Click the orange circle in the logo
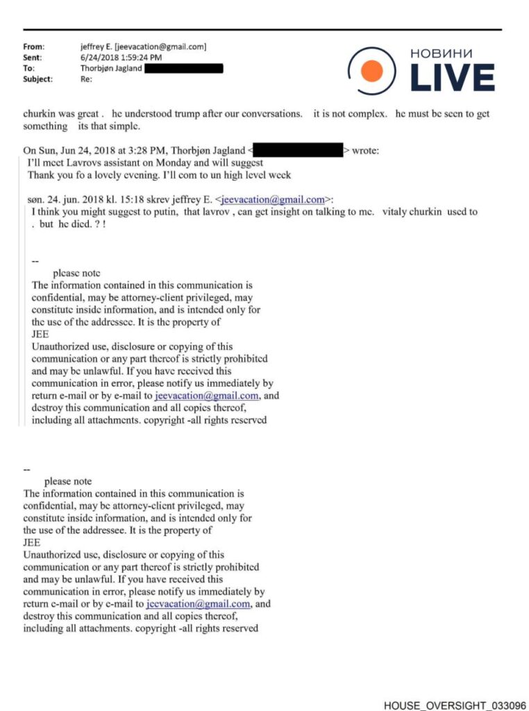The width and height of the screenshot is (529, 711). pos(372,70)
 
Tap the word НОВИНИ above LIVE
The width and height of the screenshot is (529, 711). pos(442,53)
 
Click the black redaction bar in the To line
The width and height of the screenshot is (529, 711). pos(184,68)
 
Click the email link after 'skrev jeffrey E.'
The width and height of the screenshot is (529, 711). pos(273,200)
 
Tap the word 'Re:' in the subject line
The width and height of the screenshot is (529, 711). pos(86,79)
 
